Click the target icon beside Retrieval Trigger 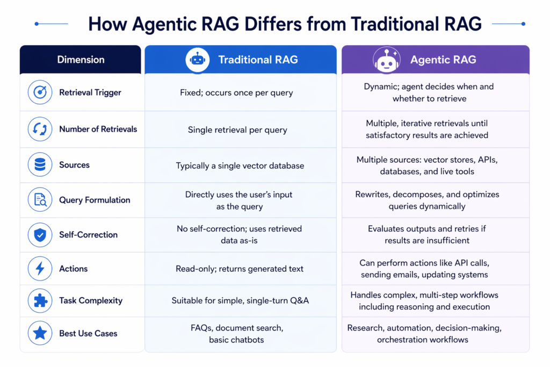[x=40, y=92]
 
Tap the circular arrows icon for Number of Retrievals [x=40, y=129]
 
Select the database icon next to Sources [x=40, y=165]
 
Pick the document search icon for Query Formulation [x=40, y=200]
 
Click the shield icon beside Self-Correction [x=40, y=235]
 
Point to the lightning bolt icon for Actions [x=40, y=269]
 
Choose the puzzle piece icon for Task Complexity [x=40, y=301]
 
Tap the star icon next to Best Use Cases [x=40, y=334]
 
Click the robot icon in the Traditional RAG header [x=198, y=60]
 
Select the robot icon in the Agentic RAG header [x=387, y=60]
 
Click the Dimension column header [x=81, y=60]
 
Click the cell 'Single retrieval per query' [x=237, y=129]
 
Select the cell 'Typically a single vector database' [x=240, y=165]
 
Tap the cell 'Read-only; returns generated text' [x=240, y=269]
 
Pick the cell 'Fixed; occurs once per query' [x=236, y=92]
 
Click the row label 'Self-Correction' [x=88, y=235]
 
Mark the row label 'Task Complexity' [x=91, y=301]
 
